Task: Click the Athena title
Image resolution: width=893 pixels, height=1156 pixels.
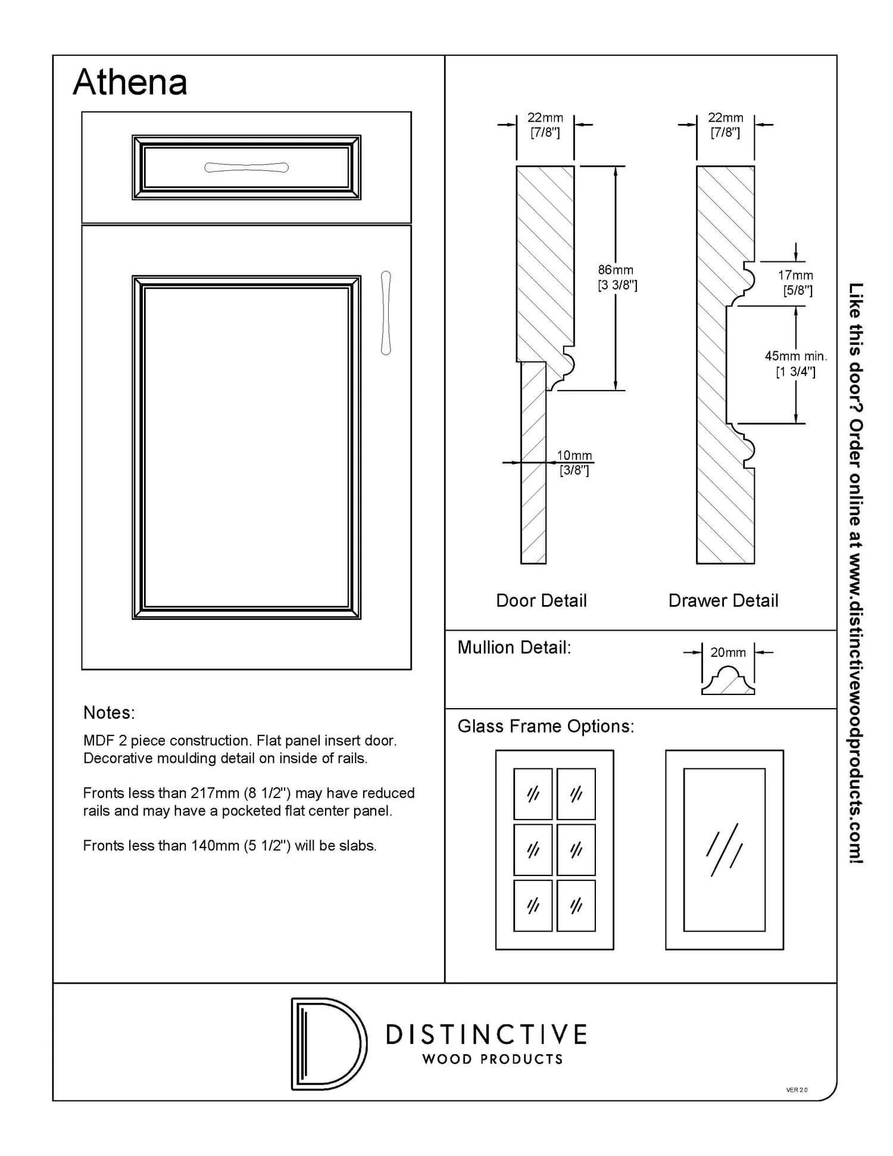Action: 130,82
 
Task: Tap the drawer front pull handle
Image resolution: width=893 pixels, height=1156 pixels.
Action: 246,167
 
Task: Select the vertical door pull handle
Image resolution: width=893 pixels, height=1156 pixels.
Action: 386,313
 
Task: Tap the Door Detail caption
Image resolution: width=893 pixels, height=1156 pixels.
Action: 541,600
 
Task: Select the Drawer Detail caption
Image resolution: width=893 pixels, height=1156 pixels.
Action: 723,600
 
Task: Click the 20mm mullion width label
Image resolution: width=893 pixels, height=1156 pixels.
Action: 728,652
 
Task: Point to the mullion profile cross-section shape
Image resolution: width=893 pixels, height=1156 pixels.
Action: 728,682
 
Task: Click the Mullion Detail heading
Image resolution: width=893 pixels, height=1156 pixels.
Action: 514,647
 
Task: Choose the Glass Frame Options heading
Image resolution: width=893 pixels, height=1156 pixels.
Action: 546,726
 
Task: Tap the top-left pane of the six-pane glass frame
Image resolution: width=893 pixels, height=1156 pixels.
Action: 533,794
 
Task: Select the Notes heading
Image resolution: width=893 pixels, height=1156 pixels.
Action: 109,712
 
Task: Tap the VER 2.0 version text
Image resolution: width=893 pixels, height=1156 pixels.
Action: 797,1090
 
